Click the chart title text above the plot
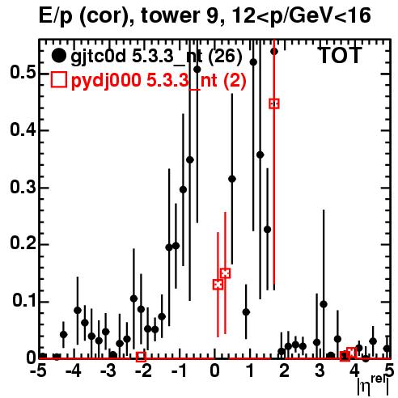click(205, 15)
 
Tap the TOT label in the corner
click(340, 56)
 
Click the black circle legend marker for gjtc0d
click(58, 56)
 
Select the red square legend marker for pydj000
click(58, 80)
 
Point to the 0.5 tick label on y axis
click(23, 72)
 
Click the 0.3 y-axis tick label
click(23, 187)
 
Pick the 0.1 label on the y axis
click(24, 301)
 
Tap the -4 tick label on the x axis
click(74, 371)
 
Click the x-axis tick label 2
click(285, 371)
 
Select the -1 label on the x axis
click(180, 371)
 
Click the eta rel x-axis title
click(373, 384)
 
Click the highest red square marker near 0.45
click(274, 104)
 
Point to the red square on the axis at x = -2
click(141, 357)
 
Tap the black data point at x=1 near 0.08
click(246, 312)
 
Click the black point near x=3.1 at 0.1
click(324, 304)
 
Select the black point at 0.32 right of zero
click(232, 179)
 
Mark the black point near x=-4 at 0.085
click(78, 311)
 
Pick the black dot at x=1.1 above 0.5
click(253, 62)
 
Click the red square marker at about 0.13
click(218, 285)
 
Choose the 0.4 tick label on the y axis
click(23, 129)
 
